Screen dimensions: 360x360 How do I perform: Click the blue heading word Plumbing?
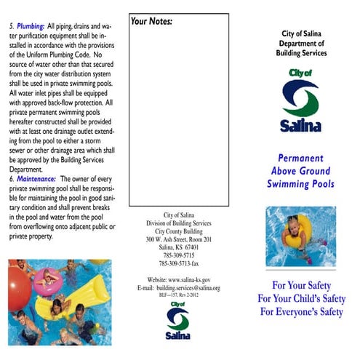tap(31, 26)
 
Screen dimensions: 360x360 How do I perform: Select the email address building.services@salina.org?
tap(188, 288)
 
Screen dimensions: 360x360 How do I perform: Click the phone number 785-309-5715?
tap(179, 255)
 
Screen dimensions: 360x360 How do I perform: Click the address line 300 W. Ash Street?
tap(179, 239)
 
